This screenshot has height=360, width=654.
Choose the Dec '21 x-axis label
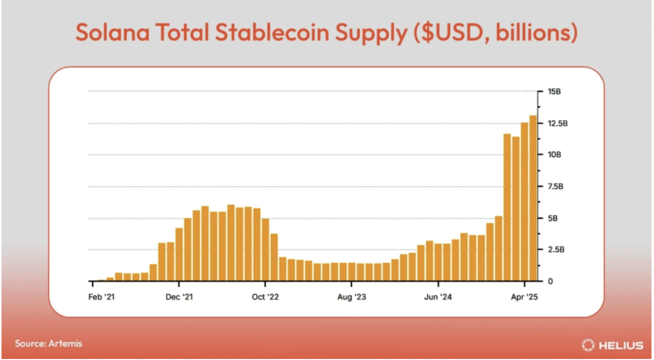[179, 297]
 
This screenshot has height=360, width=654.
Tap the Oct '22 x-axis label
[265, 297]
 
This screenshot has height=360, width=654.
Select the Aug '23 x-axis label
[352, 297]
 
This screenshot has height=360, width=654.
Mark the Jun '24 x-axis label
[437, 297]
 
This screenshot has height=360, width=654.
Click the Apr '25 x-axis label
[525, 297]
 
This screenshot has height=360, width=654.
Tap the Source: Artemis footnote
[48, 344]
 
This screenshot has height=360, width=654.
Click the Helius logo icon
[588, 345]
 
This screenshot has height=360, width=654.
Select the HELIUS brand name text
[621, 345]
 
